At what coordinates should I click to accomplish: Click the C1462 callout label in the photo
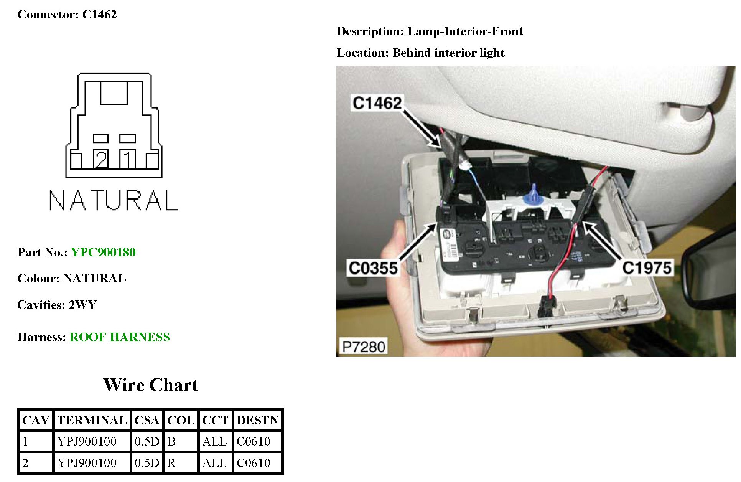click(x=377, y=103)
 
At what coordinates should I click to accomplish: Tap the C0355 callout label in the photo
click(x=372, y=268)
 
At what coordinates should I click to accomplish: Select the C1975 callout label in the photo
click(x=647, y=268)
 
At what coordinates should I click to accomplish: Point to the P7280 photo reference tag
click(x=363, y=347)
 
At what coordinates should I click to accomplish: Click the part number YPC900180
click(x=103, y=252)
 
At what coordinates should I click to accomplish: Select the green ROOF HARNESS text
click(x=120, y=337)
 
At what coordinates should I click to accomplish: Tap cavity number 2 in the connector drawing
click(x=101, y=160)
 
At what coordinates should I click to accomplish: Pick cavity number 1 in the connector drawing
click(x=128, y=160)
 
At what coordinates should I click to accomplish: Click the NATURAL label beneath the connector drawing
click(x=114, y=200)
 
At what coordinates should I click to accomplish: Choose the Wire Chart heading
click(x=151, y=385)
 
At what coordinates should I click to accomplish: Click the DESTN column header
click(x=257, y=420)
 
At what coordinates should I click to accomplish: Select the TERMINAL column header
click(x=92, y=420)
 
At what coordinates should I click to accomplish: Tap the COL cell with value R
click(x=171, y=463)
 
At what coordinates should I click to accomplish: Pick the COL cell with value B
click(x=171, y=441)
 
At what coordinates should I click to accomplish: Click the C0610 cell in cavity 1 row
click(x=254, y=441)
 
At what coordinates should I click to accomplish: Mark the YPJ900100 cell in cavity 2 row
click(x=87, y=463)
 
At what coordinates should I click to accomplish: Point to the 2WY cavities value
click(x=82, y=305)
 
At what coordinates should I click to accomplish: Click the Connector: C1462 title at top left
click(x=67, y=15)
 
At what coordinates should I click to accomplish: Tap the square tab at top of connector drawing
click(x=114, y=92)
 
